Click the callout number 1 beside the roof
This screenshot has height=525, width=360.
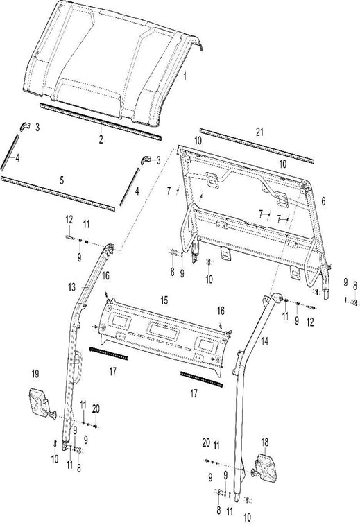point(185,77)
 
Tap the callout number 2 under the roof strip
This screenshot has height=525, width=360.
point(101,139)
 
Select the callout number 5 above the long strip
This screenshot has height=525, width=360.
point(62,180)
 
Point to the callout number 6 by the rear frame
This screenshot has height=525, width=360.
point(323,201)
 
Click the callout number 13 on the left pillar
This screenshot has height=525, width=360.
point(72,287)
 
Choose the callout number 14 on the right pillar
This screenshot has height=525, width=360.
point(264,341)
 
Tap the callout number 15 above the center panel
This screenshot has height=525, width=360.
point(164,300)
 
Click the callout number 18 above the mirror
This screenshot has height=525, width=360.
point(264,442)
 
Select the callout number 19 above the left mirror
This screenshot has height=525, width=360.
point(35,374)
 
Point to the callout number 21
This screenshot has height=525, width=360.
point(259,132)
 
